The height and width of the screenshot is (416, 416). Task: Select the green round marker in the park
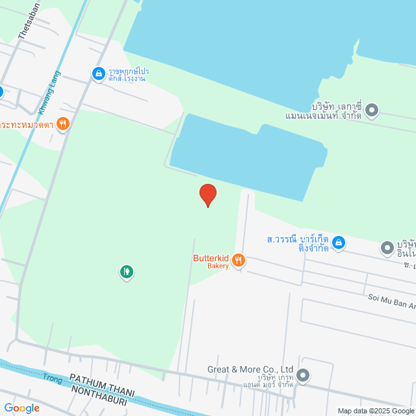point(126,271)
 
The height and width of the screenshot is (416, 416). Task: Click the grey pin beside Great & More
point(303,374)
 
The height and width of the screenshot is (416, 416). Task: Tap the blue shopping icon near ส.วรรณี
point(338,243)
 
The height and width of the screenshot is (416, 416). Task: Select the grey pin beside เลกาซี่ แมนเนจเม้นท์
point(372,110)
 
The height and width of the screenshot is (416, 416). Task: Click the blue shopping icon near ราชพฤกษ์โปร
point(98,74)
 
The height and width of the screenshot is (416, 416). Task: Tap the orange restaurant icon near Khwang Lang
point(63,123)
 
